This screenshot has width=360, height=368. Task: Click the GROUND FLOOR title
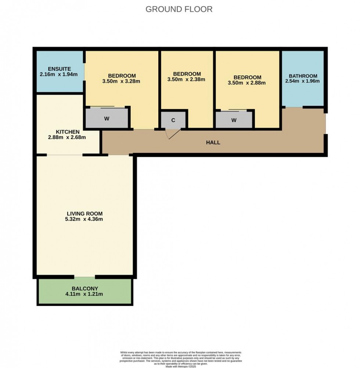coord(179,9)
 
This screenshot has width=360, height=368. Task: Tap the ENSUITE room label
coord(59,69)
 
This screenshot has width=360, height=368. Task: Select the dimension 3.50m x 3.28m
coord(121,81)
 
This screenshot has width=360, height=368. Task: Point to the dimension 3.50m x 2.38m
coord(186,79)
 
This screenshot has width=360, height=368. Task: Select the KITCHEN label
coord(67,132)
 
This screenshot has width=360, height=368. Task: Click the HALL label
coord(213,142)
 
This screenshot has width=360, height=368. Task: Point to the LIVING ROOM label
coord(84,214)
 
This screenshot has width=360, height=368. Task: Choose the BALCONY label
coord(85,288)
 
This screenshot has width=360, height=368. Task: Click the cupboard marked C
coord(173,120)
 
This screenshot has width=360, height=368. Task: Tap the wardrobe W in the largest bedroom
coord(107,119)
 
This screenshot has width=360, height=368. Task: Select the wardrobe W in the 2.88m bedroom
coord(234,120)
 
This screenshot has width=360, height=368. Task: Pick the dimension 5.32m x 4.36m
coord(84,219)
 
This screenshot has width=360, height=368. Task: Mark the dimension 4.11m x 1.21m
coord(85,294)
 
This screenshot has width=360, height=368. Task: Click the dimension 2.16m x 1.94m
coord(59,74)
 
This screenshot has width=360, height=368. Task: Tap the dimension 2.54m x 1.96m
coord(302,81)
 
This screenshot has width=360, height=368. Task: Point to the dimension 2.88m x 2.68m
coord(67,138)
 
